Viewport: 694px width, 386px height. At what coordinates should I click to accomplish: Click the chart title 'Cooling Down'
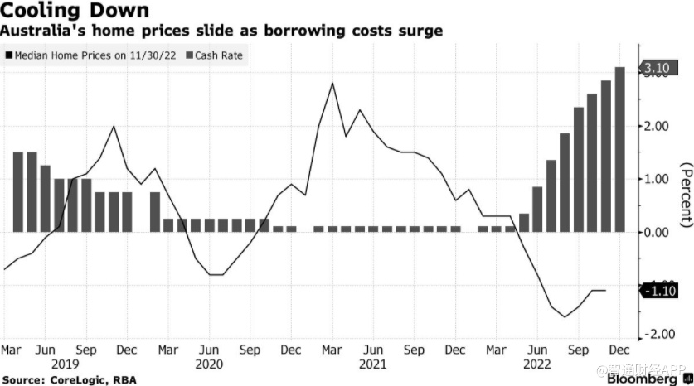tap(75, 12)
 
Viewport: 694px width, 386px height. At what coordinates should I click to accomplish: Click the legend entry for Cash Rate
tap(221, 55)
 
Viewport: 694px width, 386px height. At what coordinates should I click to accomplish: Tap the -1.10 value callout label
tap(659, 290)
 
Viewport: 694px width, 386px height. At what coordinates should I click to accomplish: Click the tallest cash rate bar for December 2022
tap(619, 149)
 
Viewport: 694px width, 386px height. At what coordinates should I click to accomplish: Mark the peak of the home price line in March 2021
tap(332, 83)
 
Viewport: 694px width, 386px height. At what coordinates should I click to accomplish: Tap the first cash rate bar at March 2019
tap(18, 192)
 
